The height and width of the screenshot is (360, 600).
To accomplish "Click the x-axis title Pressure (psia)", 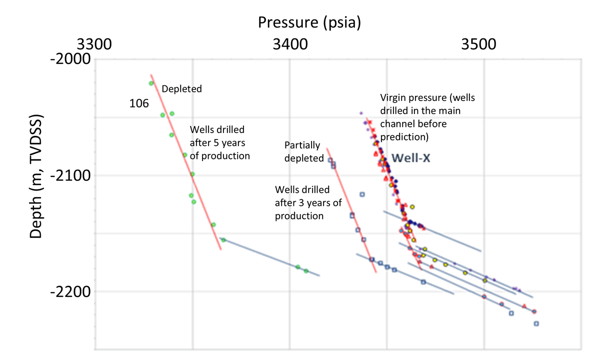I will [309, 22].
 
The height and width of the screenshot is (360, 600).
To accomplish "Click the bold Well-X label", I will [410, 158].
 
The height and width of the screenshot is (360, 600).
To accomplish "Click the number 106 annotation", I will [139, 104].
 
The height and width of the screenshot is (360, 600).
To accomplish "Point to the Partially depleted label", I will [304, 151].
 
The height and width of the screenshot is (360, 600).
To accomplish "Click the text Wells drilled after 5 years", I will [219, 142].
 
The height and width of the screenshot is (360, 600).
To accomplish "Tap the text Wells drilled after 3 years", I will [302, 203].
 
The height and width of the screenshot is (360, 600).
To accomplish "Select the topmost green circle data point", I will [151, 83].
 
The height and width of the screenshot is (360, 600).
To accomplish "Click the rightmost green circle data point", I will [306, 271].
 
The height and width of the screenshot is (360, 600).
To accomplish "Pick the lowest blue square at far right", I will [536, 323].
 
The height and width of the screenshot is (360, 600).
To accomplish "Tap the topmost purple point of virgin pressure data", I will [361, 113].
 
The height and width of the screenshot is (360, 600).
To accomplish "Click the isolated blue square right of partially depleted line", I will [362, 194].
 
